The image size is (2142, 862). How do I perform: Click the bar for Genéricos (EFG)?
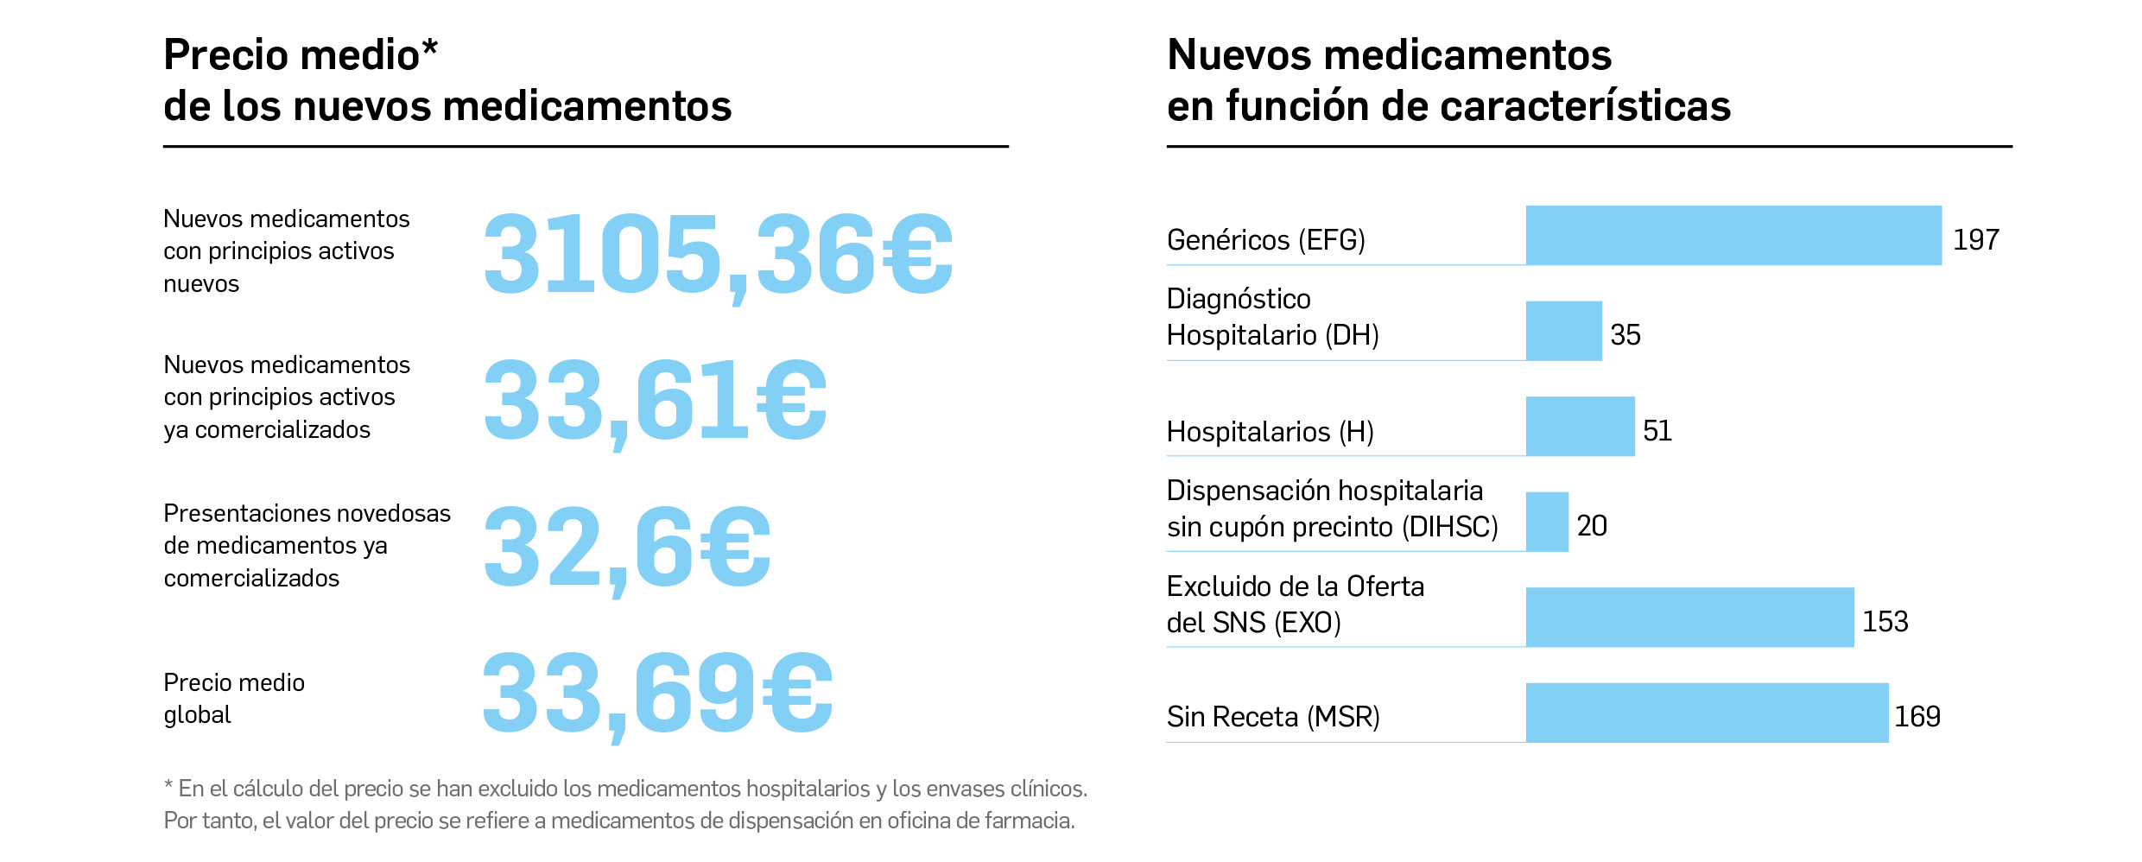[x=1733, y=235]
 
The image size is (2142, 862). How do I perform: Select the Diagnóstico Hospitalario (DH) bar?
[x=1563, y=331]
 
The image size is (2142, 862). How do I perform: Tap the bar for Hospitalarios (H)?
[x=1580, y=426]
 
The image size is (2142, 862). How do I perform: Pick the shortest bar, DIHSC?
[x=1547, y=522]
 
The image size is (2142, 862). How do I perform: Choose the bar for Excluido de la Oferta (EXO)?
[x=1689, y=617]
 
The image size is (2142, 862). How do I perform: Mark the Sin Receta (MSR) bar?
[x=1707, y=713]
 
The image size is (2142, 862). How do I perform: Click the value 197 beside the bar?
[x=1976, y=240]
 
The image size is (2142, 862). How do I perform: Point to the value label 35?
[x=1625, y=335]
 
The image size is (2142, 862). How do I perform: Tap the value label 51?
[x=1657, y=431]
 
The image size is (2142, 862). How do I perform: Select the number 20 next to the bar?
[x=1591, y=526]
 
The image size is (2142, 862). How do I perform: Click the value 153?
[x=1885, y=622]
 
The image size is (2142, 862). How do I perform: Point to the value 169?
[x=1917, y=717]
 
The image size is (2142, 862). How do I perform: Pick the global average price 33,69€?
[x=657, y=694]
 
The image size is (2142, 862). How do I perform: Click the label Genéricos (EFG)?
[x=1265, y=240]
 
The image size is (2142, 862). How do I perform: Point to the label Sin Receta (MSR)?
[x=1272, y=717]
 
